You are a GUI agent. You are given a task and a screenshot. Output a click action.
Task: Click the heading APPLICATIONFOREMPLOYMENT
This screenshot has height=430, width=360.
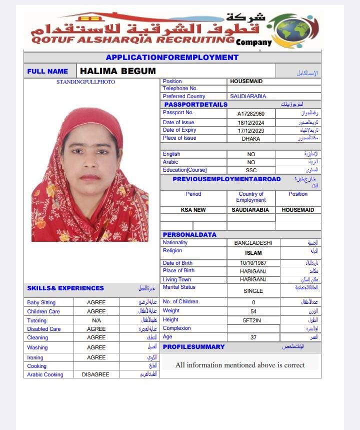[172, 58]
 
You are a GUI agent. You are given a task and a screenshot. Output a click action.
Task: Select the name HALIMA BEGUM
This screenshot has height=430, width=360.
[118, 71]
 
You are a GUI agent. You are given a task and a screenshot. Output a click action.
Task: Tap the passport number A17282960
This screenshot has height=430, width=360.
[251, 114]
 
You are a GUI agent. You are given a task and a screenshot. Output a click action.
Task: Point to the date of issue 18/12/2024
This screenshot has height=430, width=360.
[251, 123]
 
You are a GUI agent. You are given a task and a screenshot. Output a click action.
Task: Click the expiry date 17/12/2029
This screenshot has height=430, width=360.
[251, 131]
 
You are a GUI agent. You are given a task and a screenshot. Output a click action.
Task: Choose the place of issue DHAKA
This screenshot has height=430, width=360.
[251, 139]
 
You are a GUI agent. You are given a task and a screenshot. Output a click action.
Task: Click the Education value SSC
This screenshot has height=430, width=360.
[251, 170]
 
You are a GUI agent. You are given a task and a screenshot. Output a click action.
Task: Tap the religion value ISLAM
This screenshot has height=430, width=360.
[253, 253]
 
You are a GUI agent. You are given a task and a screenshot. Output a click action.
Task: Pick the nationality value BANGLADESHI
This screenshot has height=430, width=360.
[253, 243]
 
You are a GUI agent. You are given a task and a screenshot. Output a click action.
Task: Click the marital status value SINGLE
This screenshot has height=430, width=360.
[253, 290]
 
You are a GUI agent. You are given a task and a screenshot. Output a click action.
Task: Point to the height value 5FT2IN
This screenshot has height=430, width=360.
[252, 320]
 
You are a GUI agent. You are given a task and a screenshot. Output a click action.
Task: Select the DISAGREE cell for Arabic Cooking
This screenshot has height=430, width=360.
[95, 374]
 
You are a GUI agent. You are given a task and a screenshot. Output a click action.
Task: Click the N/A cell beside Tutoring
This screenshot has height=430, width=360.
[96, 320]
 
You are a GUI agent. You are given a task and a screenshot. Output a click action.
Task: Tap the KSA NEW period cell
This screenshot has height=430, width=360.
[193, 210]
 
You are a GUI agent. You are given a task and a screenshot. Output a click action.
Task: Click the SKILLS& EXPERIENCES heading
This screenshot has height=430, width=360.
[65, 288]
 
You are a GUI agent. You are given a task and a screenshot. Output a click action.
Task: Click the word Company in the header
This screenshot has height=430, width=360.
[253, 42]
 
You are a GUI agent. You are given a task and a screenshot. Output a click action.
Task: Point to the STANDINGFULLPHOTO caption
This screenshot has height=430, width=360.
[85, 82]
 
